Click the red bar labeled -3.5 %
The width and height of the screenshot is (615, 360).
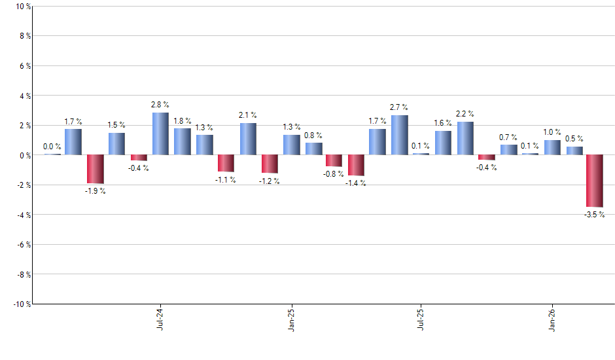coord(594,181)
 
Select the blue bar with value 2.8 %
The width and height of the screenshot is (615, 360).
coord(160,134)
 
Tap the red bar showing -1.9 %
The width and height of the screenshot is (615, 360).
coord(95,169)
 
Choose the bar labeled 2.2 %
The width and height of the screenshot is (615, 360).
coord(465,138)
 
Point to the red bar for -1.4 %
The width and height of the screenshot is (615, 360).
coord(356,165)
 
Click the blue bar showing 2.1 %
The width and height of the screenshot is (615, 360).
coord(248,139)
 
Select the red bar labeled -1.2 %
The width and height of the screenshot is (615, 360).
coord(270,164)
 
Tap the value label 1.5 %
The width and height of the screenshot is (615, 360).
coord(116,125)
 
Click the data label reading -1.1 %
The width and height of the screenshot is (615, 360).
coord(226,179)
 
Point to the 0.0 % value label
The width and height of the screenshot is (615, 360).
coord(52,147)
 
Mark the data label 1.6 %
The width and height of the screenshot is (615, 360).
coord(443,123)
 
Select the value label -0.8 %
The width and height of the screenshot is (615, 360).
coord(334,174)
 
